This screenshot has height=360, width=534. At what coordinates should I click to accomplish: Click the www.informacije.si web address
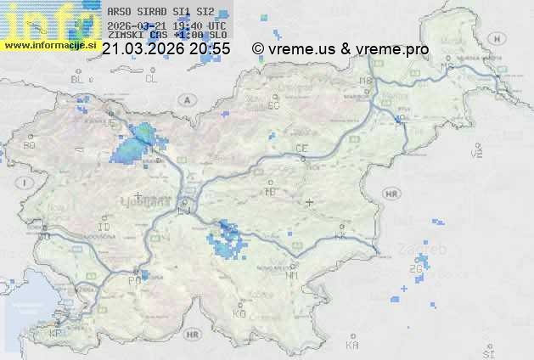point(49,44)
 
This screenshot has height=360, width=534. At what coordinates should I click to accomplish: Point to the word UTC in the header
point(216,25)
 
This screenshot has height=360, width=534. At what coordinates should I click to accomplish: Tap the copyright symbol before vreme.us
point(258,49)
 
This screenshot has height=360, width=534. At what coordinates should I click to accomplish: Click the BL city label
point(78,79)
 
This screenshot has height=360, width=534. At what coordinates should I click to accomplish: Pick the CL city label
point(151,79)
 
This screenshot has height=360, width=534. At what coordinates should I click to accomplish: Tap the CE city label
point(301,149)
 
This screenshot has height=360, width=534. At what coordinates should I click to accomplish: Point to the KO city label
point(239,313)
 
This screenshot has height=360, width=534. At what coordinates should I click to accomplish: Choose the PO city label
point(133,279)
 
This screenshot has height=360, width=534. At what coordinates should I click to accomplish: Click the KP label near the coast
point(56,334)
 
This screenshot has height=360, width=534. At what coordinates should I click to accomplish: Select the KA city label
point(352,346)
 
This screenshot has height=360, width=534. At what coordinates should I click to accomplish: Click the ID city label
point(104,228)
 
